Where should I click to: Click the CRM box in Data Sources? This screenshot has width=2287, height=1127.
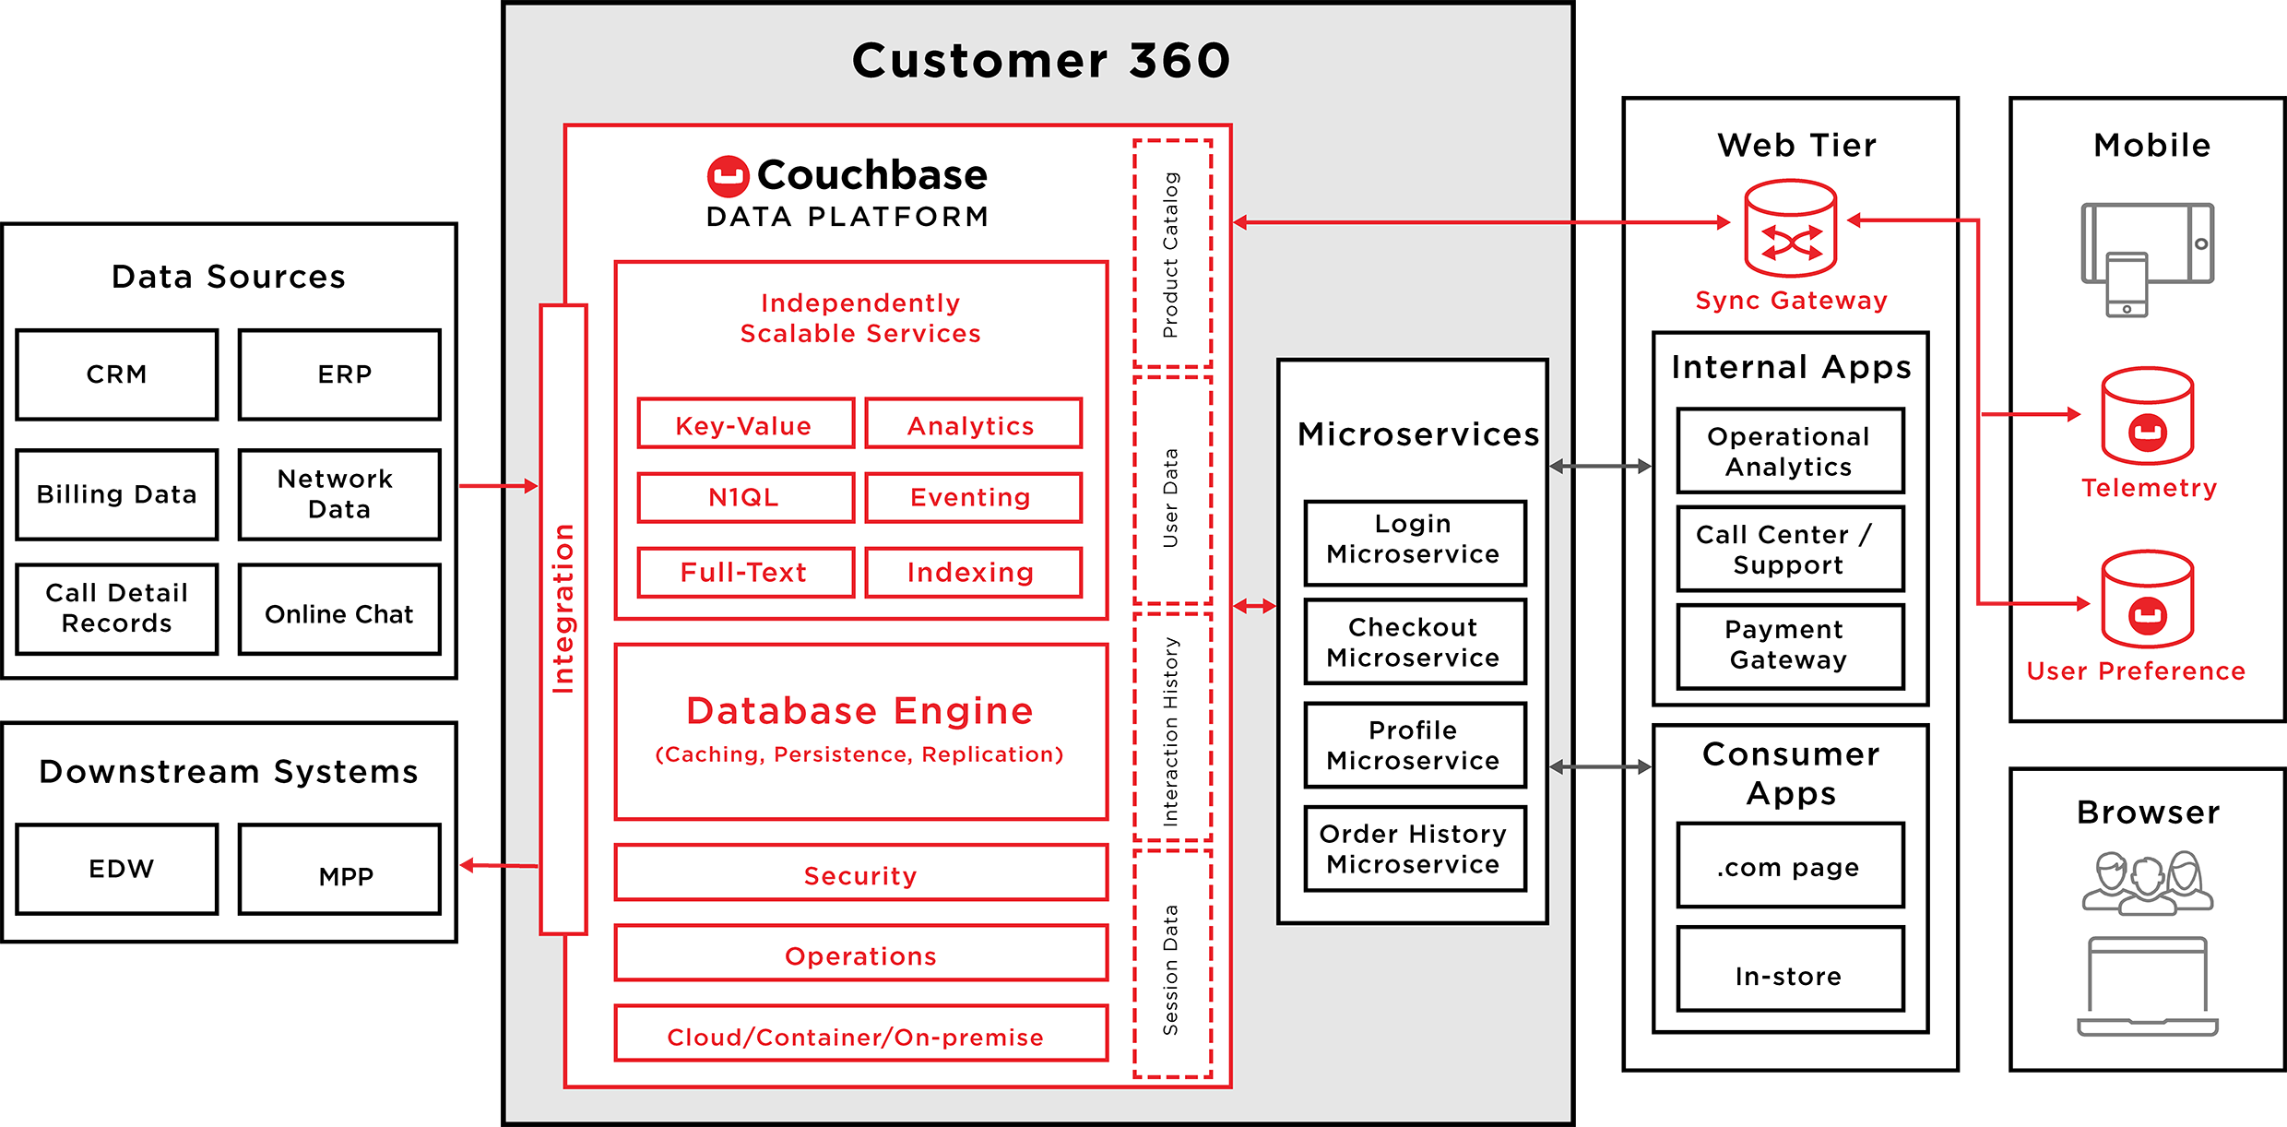point(117,374)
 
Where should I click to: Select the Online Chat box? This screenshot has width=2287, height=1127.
point(339,610)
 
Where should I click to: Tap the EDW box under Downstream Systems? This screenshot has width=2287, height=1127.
point(117,869)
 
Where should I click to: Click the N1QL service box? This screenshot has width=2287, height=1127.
point(745,498)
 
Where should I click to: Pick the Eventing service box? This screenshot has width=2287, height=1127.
point(973,498)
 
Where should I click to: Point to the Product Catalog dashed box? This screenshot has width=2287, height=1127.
point(1172,254)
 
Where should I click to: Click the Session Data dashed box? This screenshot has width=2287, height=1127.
point(1172,964)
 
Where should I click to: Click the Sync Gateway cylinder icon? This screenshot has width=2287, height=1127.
point(1791,229)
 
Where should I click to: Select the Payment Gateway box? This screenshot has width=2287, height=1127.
point(1790,646)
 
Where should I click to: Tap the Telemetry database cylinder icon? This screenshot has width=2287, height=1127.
point(2147,417)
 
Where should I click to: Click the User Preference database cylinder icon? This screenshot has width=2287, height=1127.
point(2147,599)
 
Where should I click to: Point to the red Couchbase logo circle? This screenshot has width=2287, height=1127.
point(728,176)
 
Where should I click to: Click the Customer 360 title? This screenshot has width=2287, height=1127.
point(1040,61)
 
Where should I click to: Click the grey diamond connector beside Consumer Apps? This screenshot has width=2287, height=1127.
point(1598,766)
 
